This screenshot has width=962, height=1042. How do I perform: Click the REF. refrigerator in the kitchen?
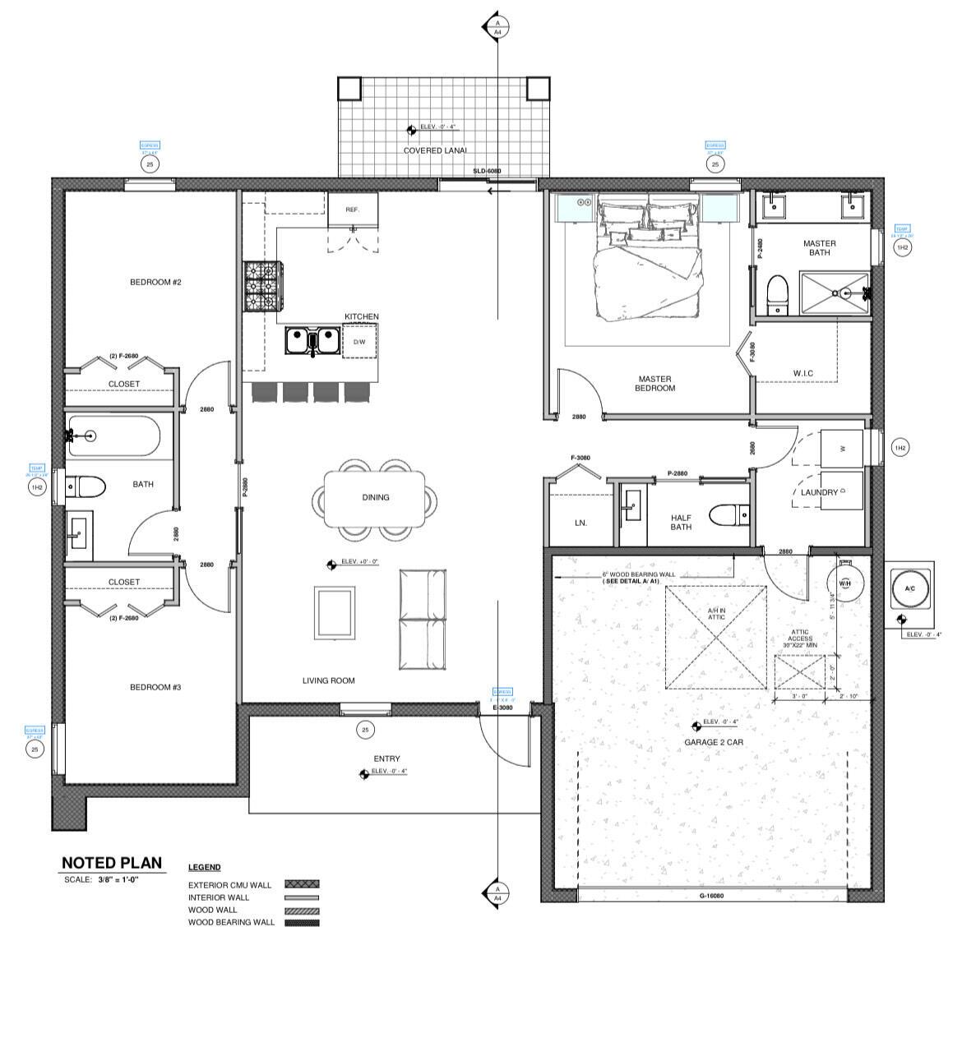tap(353, 210)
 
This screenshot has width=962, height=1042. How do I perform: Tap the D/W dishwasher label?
tap(359, 342)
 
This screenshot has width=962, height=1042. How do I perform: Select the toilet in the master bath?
tap(776, 294)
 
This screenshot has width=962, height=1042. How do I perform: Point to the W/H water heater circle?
tap(846, 582)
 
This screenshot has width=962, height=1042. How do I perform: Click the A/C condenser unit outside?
tap(909, 589)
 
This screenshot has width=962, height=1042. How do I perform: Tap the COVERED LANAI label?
tap(436, 150)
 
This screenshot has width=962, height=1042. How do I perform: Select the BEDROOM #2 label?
tap(155, 283)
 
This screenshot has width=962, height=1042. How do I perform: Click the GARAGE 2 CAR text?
tap(714, 742)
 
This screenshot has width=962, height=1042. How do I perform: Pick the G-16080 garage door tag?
tap(711, 896)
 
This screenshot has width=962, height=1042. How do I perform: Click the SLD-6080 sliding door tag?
tap(487, 172)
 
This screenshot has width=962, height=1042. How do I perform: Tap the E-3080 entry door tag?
tap(502, 708)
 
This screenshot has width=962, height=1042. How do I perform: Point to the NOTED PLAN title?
tap(112, 863)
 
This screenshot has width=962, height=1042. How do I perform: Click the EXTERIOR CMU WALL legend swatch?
tap(302, 884)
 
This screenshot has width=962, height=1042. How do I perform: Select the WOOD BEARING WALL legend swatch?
tap(302, 922)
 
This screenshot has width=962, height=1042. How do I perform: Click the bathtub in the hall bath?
tap(115, 436)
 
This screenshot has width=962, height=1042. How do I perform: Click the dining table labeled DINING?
tap(375, 498)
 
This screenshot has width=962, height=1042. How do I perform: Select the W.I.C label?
tap(803, 374)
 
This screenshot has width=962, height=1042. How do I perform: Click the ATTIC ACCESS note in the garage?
tap(800, 639)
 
